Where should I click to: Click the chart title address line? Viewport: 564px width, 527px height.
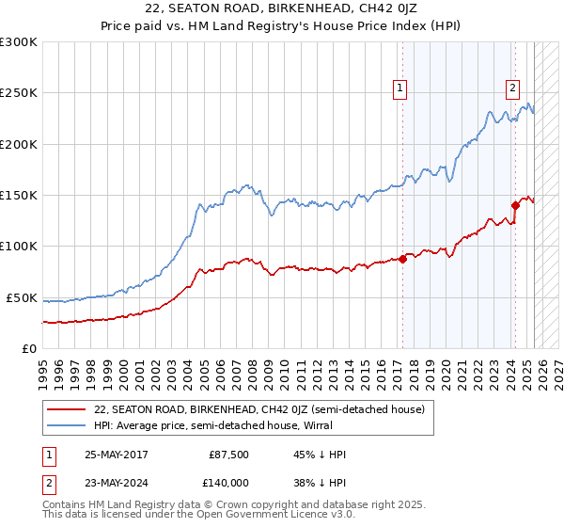pos(281,9)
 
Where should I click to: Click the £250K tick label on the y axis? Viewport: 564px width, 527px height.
pos(18,94)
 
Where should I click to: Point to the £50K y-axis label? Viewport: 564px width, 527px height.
pos(21,298)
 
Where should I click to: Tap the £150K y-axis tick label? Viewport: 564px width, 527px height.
pos(18,196)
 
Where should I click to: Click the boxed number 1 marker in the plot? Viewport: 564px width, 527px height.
pos(399,89)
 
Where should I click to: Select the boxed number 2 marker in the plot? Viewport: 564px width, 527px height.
pos(512,89)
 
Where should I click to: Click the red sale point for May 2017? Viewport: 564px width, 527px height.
pos(402,259)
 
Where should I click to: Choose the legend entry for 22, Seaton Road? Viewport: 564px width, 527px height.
pos(260,410)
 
